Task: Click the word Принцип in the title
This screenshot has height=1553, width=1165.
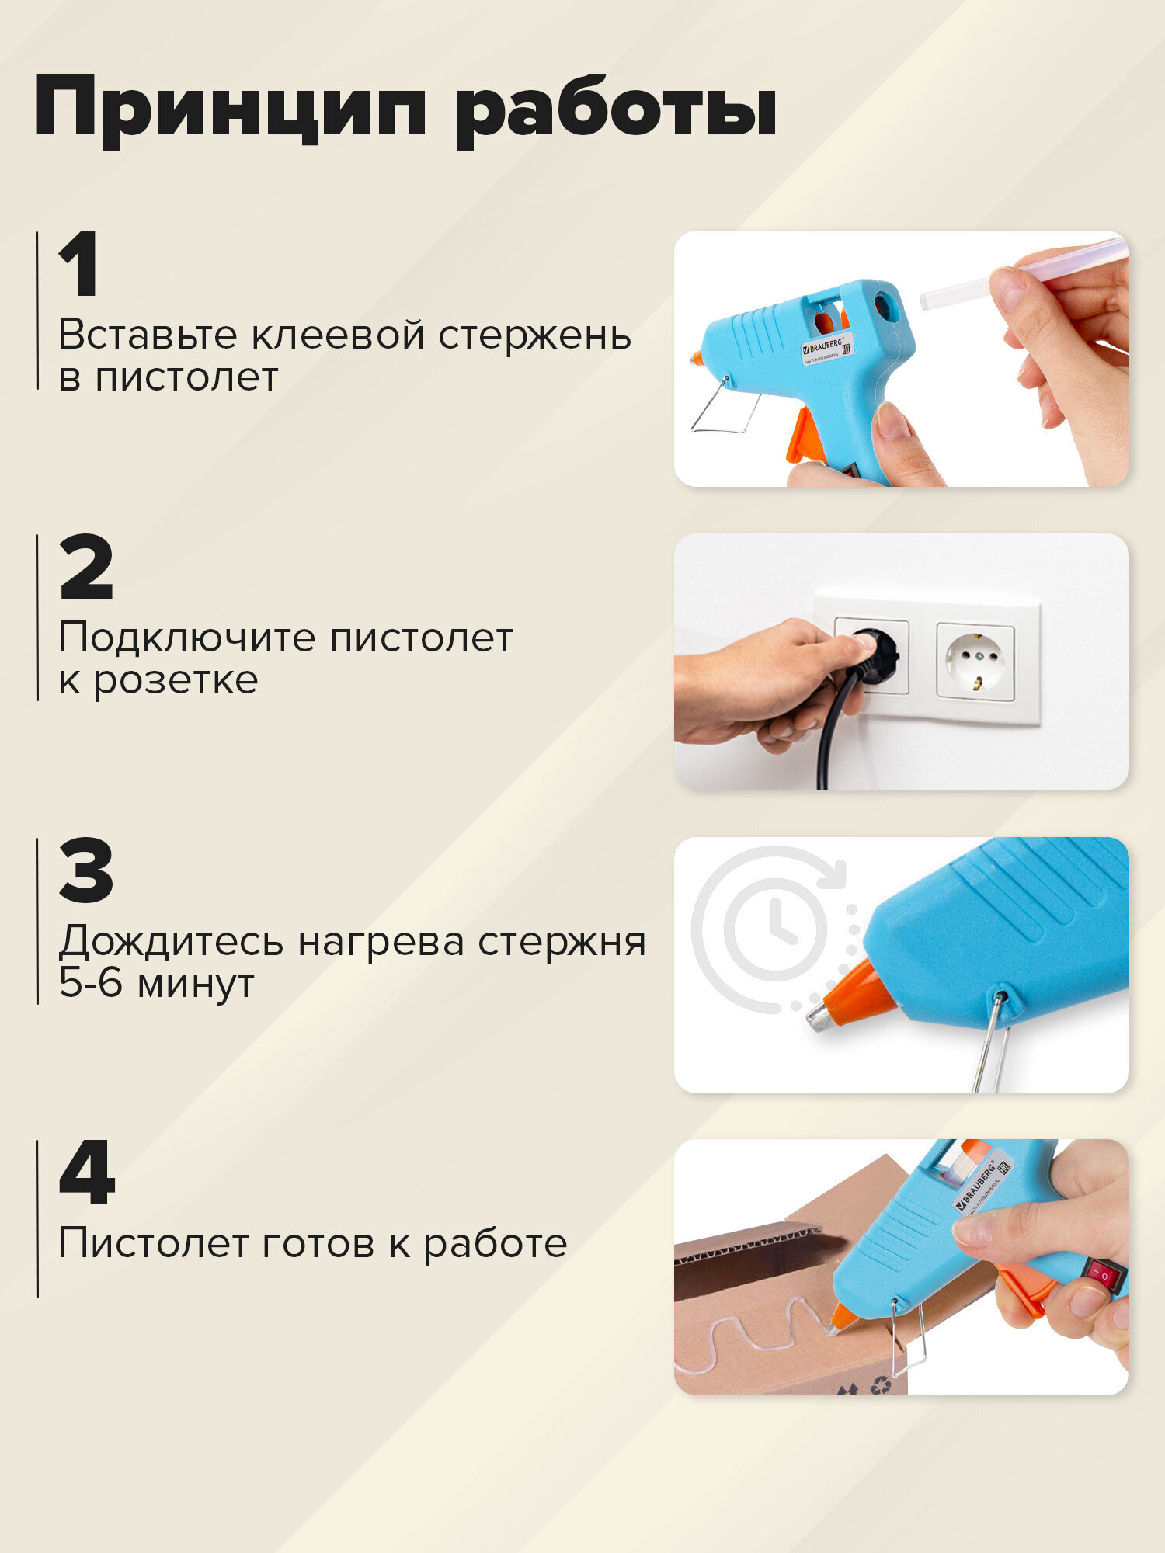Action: [x=230, y=109]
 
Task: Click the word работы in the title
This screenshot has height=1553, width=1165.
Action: [x=615, y=109]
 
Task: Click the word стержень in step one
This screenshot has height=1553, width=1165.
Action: [x=534, y=335]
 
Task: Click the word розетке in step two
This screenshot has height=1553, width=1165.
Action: [x=176, y=680]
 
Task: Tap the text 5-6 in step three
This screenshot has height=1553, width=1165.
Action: [x=91, y=983]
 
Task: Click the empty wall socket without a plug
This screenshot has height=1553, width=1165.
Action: [x=975, y=661]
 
